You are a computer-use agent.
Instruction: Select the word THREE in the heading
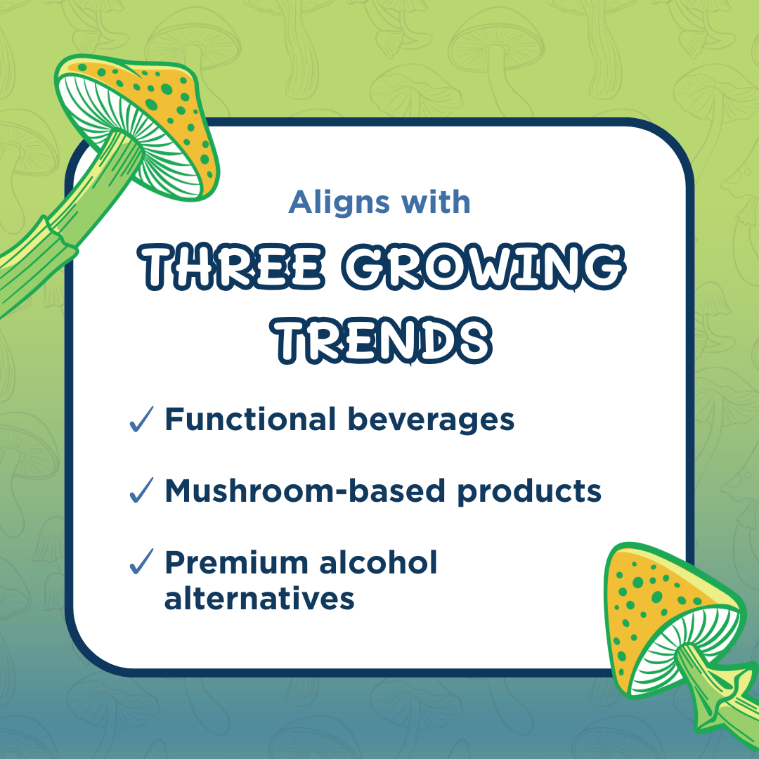231,267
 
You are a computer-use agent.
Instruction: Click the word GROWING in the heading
484,267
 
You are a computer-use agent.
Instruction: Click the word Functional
250,419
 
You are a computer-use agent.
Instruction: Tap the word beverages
431,420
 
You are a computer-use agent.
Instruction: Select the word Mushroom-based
305,491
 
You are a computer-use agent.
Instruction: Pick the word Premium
236,562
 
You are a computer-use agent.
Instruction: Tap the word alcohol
378,562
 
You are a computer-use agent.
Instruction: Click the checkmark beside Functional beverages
141,419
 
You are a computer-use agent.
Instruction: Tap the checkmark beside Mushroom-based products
141,490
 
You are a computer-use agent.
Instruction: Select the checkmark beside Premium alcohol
141,562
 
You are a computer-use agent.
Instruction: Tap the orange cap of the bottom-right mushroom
644,595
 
